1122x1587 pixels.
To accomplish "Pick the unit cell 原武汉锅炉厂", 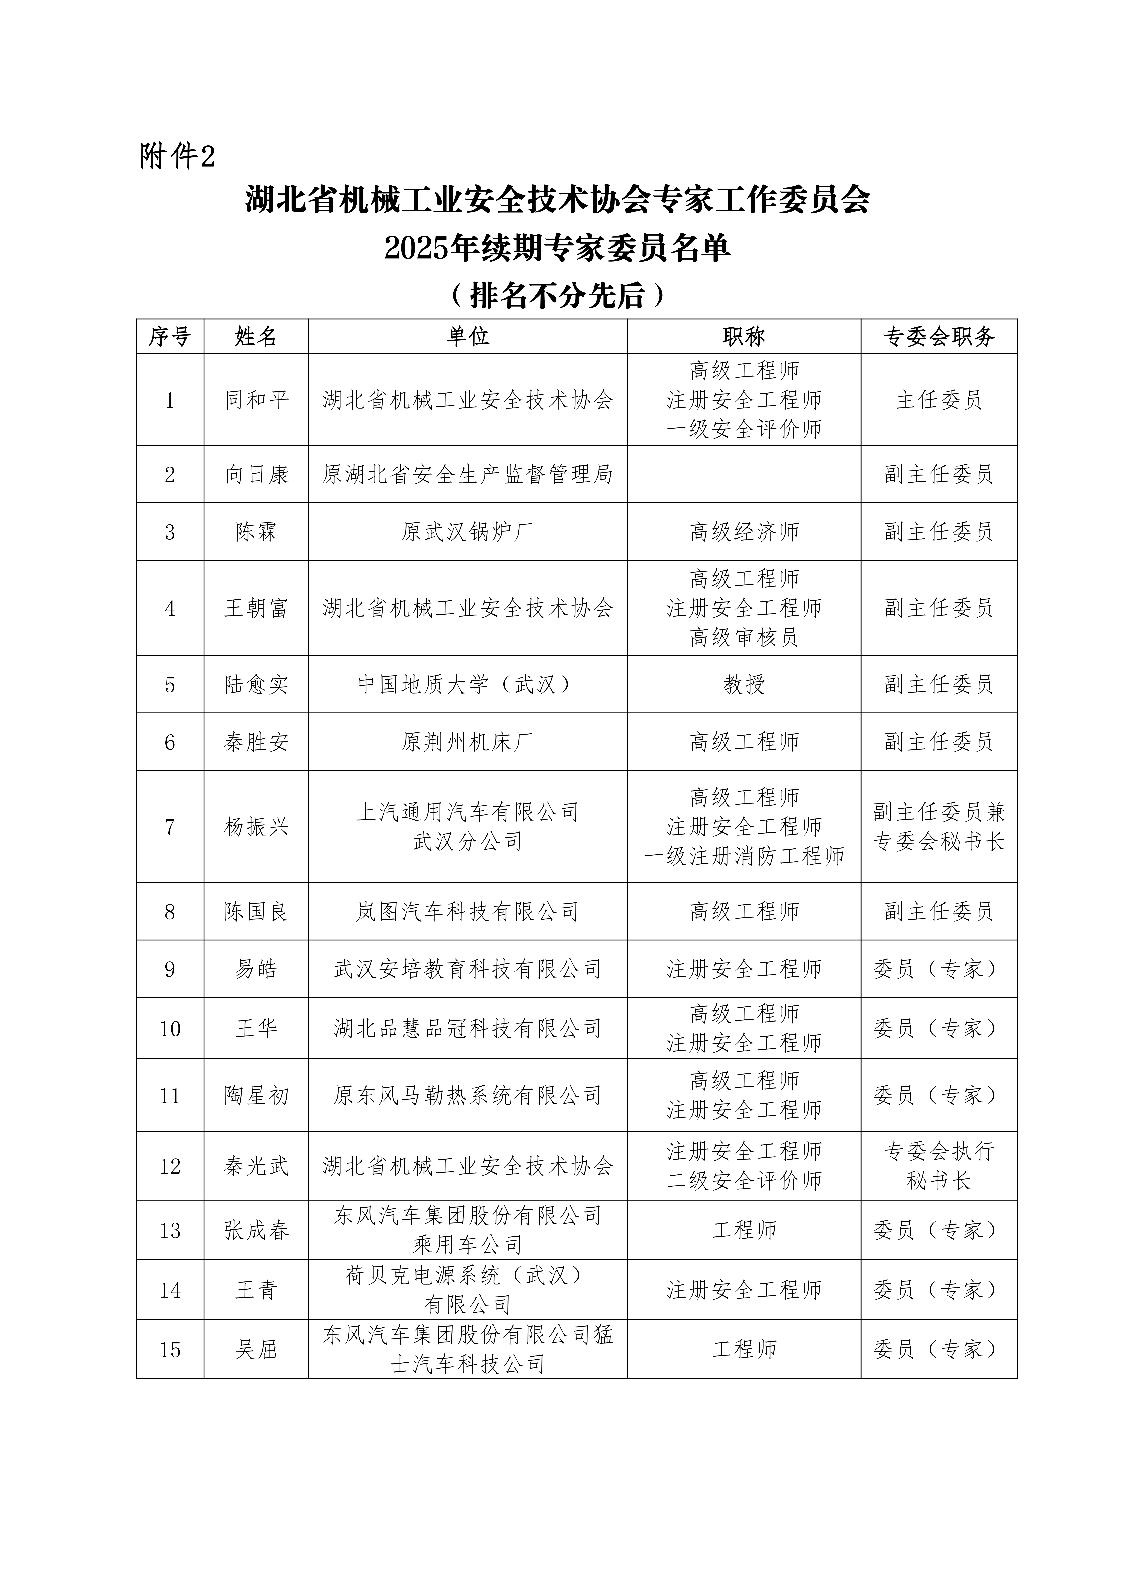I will [467, 532].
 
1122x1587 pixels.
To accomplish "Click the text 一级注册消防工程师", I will [744, 856].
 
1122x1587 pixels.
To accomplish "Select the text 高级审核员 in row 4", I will [744, 637].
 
